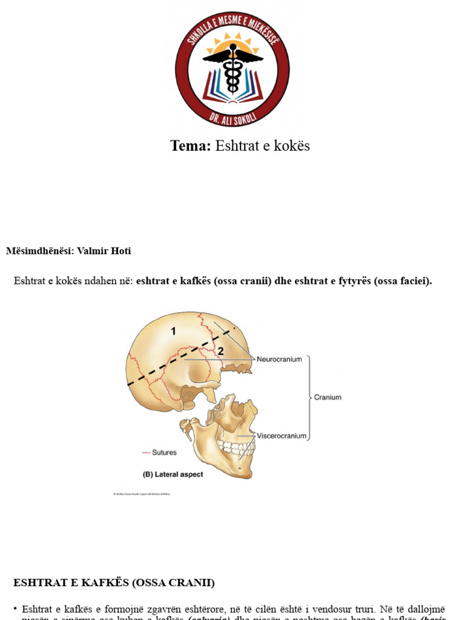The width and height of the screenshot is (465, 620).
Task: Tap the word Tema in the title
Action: click(190, 146)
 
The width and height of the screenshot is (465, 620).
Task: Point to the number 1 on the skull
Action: click(173, 331)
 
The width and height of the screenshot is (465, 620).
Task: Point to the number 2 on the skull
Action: click(221, 351)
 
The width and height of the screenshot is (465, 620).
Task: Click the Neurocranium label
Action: click(279, 359)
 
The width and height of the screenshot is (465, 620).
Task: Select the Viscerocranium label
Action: click(282, 435)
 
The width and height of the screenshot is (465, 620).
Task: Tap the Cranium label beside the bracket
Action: click(328, 398)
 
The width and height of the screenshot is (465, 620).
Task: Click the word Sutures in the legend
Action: click(165, 452)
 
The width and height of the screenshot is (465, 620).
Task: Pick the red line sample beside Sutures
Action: click(146, 452)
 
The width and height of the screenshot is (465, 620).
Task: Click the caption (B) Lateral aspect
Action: click(173, 475)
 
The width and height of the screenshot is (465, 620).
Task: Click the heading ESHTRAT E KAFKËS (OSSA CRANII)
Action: click(114, 583)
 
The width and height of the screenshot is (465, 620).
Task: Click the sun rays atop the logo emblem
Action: click(232, 44)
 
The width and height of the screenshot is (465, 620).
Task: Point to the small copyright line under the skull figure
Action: click(142, 494)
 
